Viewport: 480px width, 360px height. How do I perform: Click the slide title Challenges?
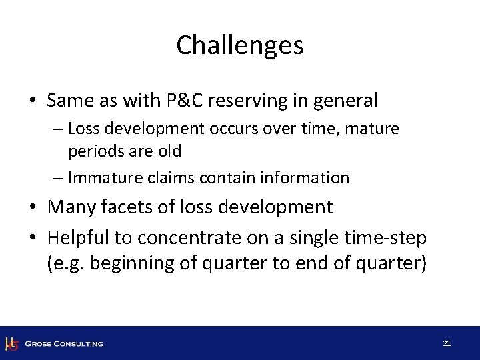[240, 45]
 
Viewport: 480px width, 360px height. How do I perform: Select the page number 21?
[447, 343]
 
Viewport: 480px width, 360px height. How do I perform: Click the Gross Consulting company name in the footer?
[64, 344]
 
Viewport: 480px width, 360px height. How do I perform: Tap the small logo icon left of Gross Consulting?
[11, 343]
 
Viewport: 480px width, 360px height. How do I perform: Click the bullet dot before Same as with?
[33, 101]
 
